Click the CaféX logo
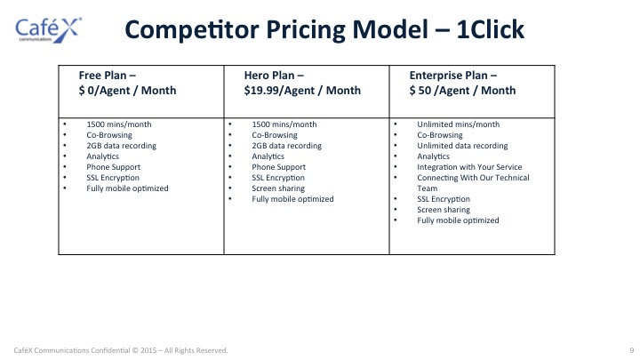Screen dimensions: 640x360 point(49,30)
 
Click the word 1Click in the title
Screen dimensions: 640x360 point(490,29)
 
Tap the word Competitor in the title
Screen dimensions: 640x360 point(192,30)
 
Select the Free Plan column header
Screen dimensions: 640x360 point(127,83)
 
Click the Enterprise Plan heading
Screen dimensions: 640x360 point(453,76)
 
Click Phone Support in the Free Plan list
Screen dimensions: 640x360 point(113,167)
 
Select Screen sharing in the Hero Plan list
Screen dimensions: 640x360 point(278,188)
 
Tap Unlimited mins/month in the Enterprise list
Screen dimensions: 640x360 point(458,124)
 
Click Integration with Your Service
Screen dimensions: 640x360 point(469,167)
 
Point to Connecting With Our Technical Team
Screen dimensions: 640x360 point(473,183)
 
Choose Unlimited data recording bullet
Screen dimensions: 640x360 point(462,146)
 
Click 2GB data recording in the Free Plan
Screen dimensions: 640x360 point(121,146)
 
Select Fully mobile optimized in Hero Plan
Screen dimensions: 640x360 point(292,199)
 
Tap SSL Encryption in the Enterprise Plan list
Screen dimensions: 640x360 point(444,199)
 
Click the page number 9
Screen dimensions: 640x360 point(632,350)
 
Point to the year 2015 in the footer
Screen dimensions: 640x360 point(148,350)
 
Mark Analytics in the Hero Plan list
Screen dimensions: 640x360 point(268,156)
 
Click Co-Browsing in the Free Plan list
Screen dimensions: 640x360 point(109,135)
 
